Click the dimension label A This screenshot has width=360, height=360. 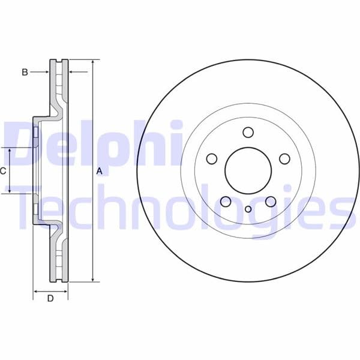pyautogui.click(x=100, y=171)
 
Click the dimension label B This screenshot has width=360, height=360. pyautogui.click(x=25, y=72)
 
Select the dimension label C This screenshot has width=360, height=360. pyautogui.click(x=3, y=171)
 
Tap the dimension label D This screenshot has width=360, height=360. pyautogui.click(x=50, y=299)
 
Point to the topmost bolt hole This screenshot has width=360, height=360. pyautogui.click(x=248, y=133)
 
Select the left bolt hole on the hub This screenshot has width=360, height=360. pyautogui.click(x=211, y=159)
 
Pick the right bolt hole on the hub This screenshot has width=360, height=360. pyautogui.click(x=284, y=158)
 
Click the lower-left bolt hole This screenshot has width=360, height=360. pyautogui.click(x=226, y=202)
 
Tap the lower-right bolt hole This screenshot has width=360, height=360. pyautogui.click(x=270, y=201)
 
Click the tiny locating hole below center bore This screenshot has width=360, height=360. pyautogui.click(x=248, y=209)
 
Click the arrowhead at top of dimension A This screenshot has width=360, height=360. pyautogui.click(x=94, y=62)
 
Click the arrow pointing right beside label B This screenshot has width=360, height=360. pyautogui.click(x=46, y=72)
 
